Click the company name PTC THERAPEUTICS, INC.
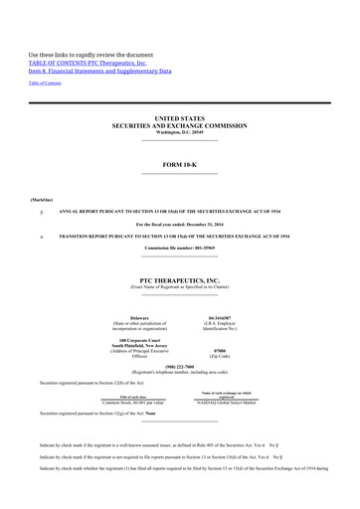click(x=179, y=281)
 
